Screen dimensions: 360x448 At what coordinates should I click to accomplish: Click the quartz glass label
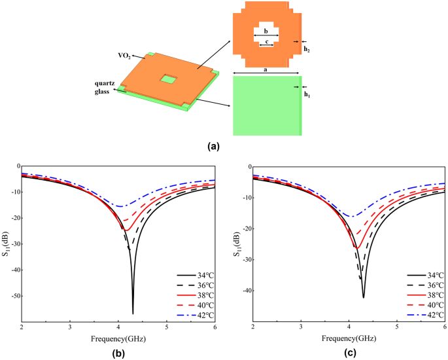click(x=103, y=87)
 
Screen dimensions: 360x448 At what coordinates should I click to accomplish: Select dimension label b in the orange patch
click(x=266, y=31)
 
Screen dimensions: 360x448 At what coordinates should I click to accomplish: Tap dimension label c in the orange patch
click(x=266, y=41)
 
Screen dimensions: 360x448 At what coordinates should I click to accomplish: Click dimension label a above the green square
click(x=266, y=68)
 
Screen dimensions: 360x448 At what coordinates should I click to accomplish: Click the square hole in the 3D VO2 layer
click(x=169, y=79)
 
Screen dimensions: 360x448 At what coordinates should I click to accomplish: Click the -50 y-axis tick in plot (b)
click(x=12, y=296)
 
